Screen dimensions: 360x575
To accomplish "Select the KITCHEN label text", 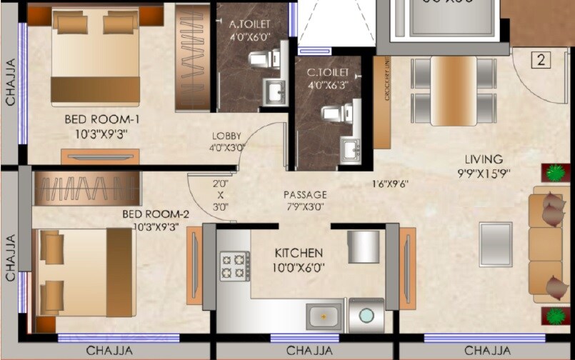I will coord(299,253).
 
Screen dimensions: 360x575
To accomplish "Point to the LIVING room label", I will coord(484,159).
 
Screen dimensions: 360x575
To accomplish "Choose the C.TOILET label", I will coord(327,73).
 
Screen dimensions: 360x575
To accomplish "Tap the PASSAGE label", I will coord(305,194).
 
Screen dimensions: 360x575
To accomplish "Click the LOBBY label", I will coord(226,136).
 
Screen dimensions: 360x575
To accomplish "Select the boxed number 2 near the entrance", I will coord(541,60).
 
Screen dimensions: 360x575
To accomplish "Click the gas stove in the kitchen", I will coord(235,266).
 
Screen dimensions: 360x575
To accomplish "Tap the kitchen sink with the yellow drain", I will coord(324,315).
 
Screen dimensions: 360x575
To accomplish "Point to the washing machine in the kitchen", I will coord(366,315).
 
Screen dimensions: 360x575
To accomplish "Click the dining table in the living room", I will coord(453,90).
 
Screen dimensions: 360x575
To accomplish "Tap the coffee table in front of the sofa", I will coord(496,244).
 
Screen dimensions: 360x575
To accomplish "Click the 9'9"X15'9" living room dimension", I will coord(484,172).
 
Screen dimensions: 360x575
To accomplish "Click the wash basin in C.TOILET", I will coord(349,151).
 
